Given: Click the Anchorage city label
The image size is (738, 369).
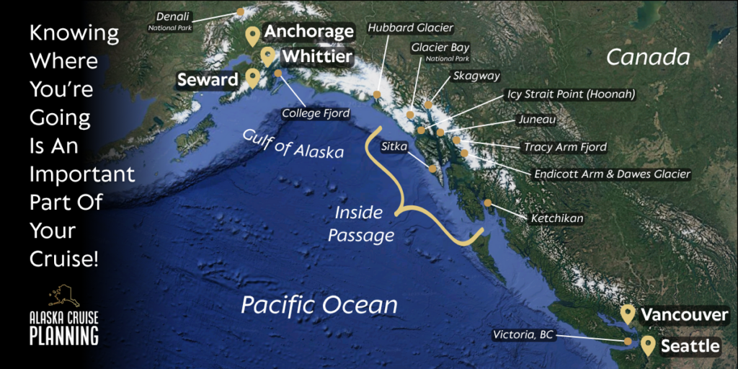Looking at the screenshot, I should click(x=309, y=32).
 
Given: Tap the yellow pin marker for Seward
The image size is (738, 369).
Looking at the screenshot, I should click(x=252, y=79).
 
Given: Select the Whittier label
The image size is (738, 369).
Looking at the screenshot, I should click(x=316, y=56).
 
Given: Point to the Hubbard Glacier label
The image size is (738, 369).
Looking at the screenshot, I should click(x=410, y=28).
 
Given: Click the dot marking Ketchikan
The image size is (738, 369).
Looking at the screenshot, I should click(x=488, y=203).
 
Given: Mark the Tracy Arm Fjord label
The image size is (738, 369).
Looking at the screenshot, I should click(x=565, y=147).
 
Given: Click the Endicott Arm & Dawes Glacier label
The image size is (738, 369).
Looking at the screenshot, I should click(x=612, y=174).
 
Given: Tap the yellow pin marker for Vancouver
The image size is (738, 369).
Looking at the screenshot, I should click(x=628, y=314).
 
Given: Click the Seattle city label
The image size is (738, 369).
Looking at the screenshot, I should click(x=690, y=347).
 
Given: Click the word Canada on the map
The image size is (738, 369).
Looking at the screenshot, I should click(x=648, y=57).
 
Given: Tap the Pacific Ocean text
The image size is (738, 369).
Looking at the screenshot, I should click(x=319, y=305).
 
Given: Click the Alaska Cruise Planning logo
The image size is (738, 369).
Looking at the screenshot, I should click(x=63, y=316).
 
